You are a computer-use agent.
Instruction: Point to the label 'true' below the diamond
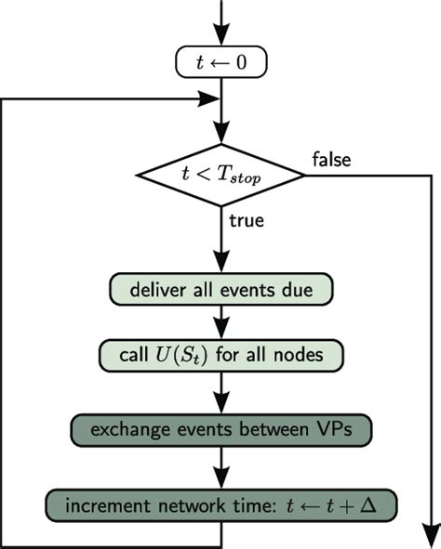click(x=246, y=222)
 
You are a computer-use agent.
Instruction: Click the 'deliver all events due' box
click(x=221, y=289)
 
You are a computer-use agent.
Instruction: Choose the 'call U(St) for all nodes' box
click(x=221, y=355)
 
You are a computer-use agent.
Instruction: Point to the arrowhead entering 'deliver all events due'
click(x=221, y=265)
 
